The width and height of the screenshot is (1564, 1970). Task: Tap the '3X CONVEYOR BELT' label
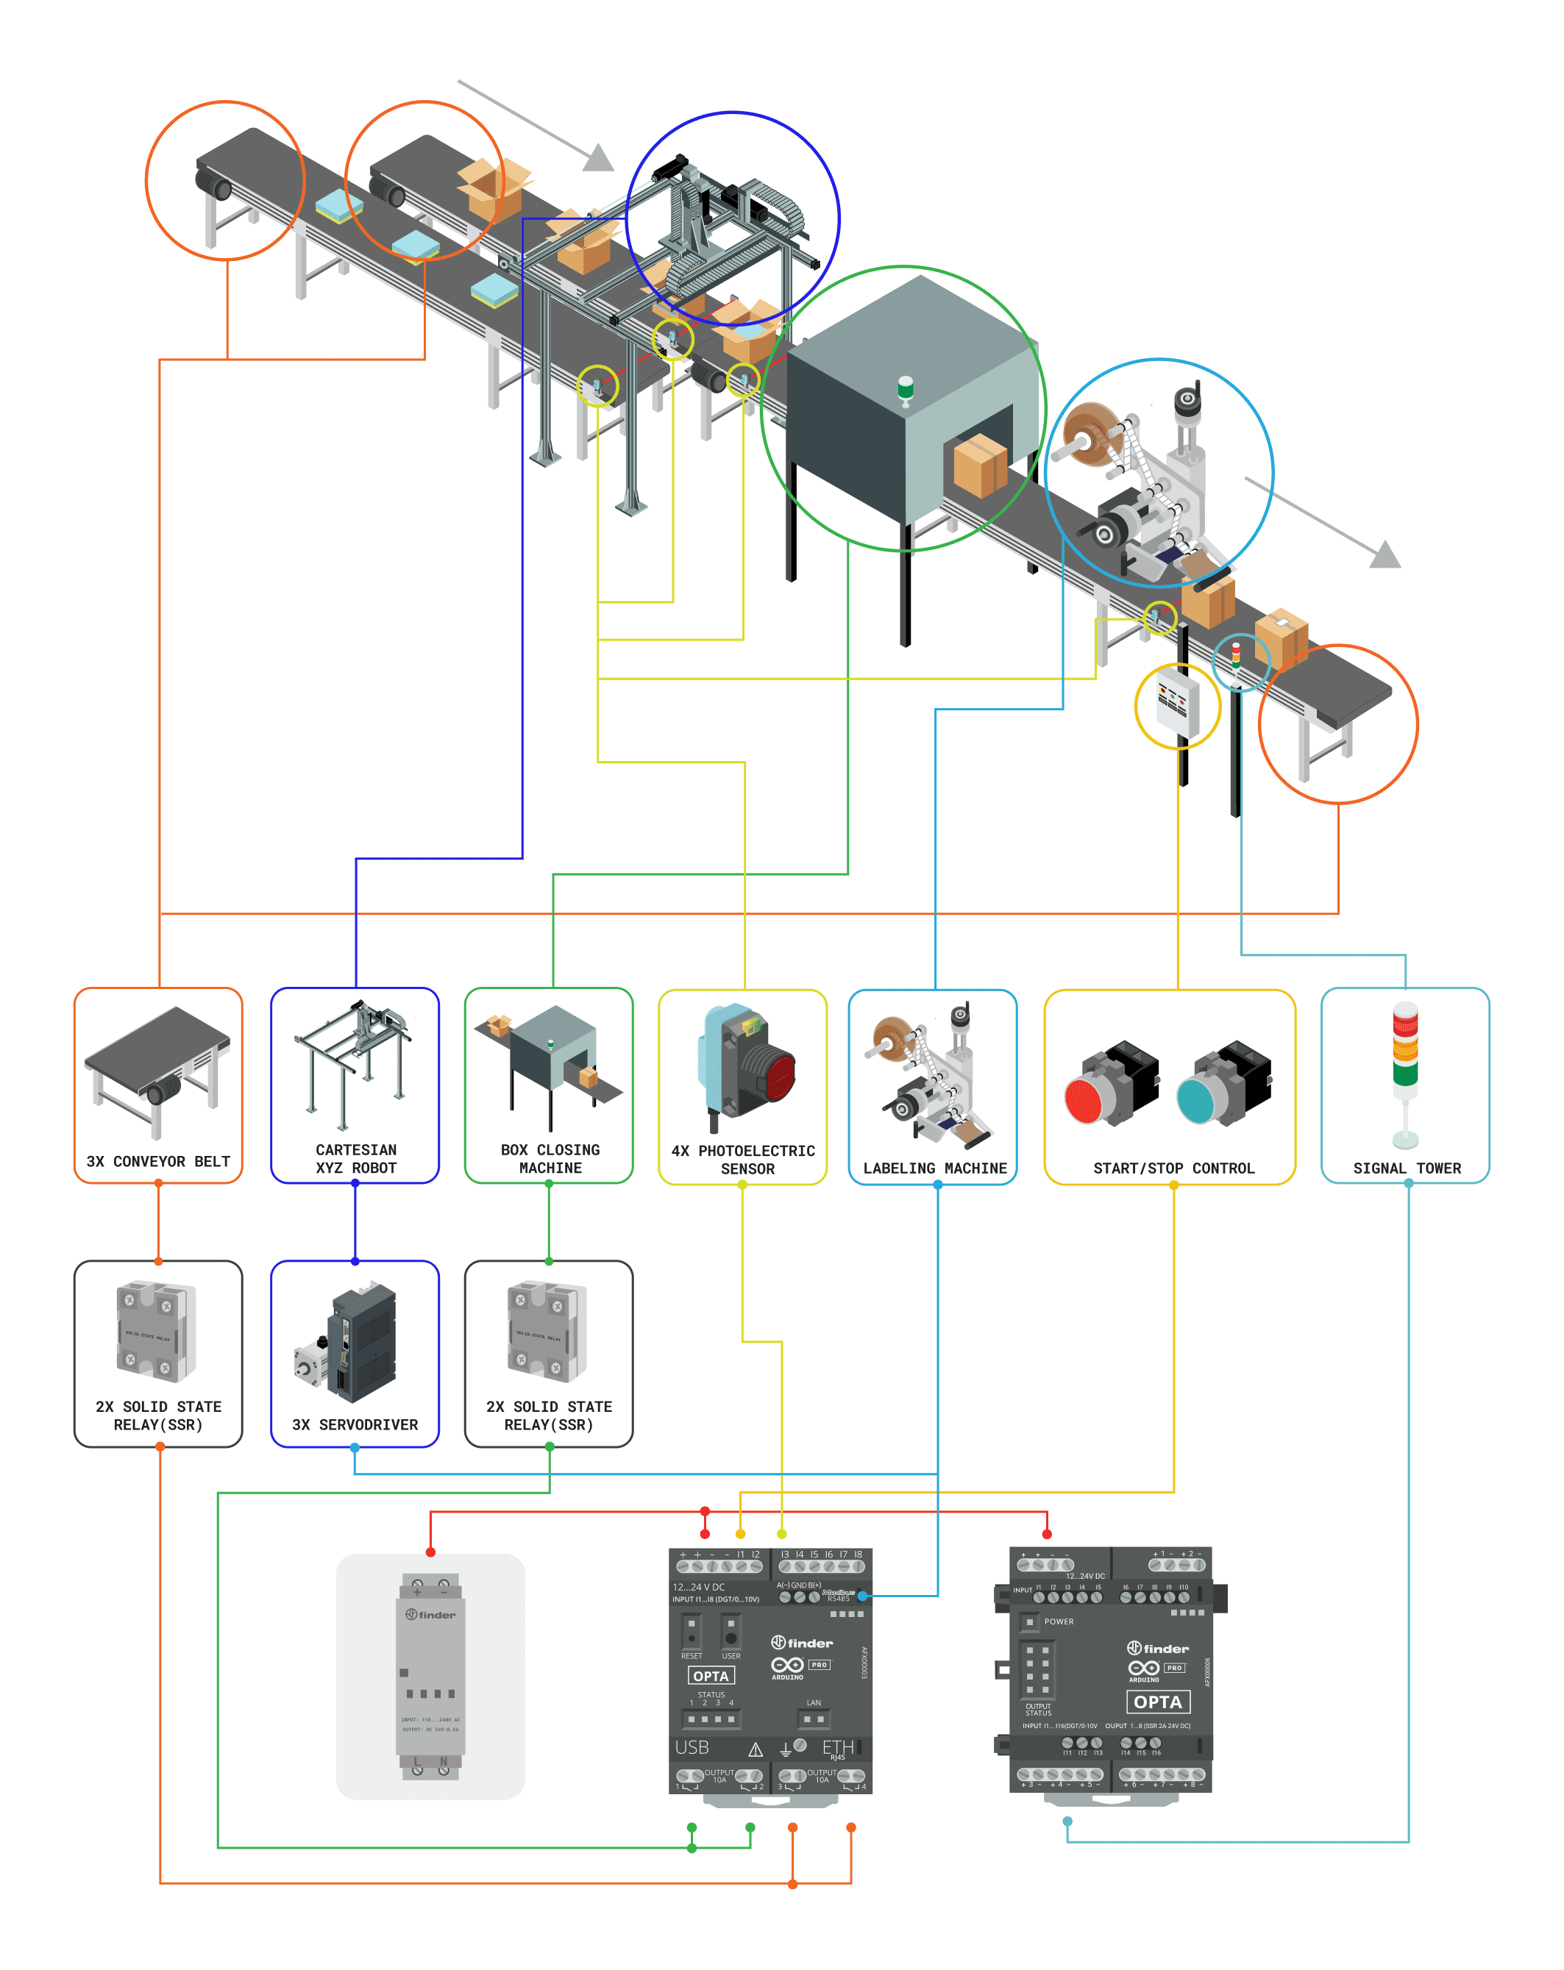click(158, 1161)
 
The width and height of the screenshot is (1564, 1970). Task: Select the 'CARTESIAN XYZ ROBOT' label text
click(355, 1159)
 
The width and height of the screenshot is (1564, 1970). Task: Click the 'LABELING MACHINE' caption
click(934, 1168)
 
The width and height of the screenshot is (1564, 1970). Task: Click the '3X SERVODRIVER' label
click(355, 1424)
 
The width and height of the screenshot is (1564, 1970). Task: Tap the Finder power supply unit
click(430, 1676)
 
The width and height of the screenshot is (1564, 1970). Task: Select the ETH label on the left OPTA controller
click(836, 1746)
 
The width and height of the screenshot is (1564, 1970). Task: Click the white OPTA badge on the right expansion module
click(1157, 1702)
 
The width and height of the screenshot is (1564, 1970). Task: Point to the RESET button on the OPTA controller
click(691, 1630)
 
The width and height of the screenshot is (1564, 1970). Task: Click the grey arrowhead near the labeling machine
click(1385, 554)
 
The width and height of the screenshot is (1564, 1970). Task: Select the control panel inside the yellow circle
click(1176, 702)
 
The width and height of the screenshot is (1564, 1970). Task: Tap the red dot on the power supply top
click(430, 1552)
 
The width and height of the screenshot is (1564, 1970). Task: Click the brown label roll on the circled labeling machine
click(1093, 433)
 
